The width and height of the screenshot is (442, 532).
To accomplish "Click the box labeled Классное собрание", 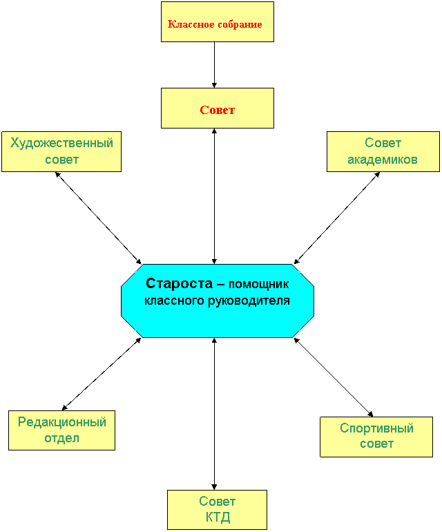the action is (x=217, y=22).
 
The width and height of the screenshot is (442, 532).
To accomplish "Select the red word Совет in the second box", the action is (x=217, y=110).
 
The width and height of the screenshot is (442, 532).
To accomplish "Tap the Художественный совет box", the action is (x=61, y=152).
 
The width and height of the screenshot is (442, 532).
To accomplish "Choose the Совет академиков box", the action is (x=383, y=152).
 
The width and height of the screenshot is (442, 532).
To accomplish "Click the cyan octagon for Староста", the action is (x=218, y=301).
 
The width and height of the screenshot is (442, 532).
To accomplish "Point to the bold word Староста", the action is (x=179, y=283).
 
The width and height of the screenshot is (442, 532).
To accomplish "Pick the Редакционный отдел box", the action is (x=61, y=430).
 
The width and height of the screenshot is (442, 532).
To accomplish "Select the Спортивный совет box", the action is (x=376, y=437).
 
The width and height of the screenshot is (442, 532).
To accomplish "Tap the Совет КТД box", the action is (x=217, y=510).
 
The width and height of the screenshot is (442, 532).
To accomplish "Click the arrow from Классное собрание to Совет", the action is (x=214, y=65).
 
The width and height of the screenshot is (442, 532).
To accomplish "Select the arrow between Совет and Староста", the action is (x=214, y=196).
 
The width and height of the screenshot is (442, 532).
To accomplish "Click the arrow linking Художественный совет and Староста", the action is (x=98, y=218).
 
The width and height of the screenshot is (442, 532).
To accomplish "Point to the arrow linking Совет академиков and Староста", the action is (x=336, y=218).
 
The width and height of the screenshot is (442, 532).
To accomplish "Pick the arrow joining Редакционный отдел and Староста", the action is (x=102, y=374).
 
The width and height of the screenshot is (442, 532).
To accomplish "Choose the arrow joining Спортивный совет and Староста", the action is (x=334, y=377).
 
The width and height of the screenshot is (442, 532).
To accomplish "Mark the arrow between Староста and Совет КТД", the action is (x=214, y=414).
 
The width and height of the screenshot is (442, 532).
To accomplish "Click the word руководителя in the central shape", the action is (x=249, y=301).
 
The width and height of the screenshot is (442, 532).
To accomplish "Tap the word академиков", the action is (x=383, y=160).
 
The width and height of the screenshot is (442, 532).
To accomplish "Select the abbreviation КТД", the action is (x=218, y=517).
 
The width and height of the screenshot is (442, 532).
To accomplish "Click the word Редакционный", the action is (x=62, y=422).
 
